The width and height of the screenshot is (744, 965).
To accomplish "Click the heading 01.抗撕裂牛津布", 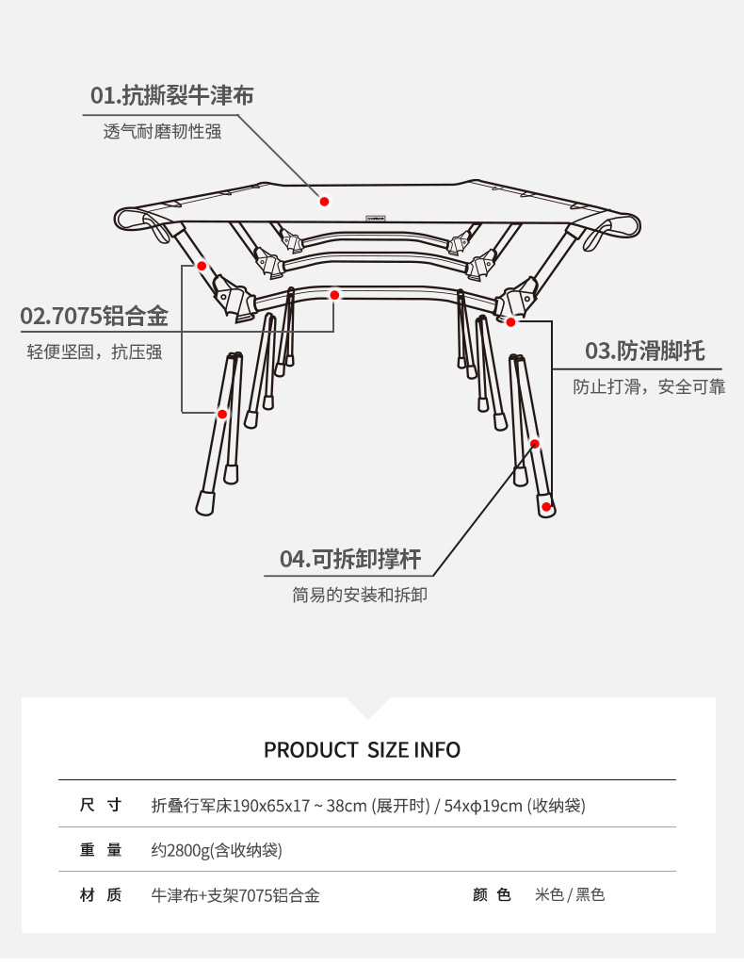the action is [171, 95].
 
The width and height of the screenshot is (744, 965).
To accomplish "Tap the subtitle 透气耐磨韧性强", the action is [162, 132].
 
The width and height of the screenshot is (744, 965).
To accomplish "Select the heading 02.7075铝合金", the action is [94, 316].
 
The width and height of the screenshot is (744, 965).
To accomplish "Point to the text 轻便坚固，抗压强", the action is [94, 352].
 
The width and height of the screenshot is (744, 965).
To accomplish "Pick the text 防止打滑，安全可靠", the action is [650, 386].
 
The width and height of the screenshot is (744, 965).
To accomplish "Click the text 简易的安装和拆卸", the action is [360, 596].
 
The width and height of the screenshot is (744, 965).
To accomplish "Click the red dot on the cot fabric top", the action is [324, 201].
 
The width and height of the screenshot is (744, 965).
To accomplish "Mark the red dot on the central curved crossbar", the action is [334, 295].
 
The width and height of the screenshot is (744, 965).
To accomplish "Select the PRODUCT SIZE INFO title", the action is [362, 750].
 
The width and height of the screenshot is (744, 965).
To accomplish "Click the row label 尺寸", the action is [101, 806].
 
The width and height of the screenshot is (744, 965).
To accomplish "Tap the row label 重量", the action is [101, 850].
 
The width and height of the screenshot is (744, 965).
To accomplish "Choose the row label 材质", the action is [101, 895].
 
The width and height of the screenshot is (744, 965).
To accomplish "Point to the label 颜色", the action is [492, 894].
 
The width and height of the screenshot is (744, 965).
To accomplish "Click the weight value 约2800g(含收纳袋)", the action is [217, 850].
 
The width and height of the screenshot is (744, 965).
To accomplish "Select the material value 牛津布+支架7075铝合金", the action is [235, 895].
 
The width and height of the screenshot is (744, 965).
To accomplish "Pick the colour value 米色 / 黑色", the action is [570, 894].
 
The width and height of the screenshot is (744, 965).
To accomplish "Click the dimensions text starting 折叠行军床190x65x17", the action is [368, 806].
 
